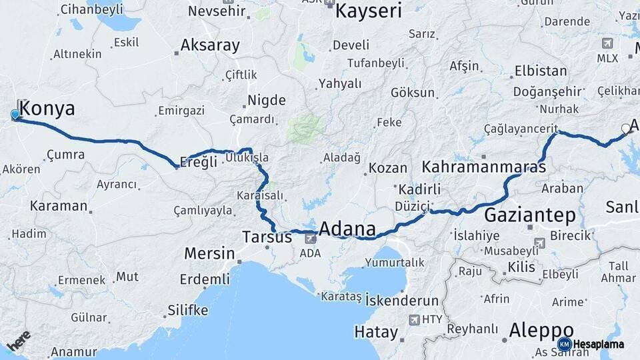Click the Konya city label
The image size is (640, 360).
click(x=48, y=109)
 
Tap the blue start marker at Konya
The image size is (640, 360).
click(x=15, y=115)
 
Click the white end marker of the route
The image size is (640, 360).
click(x=625, y=128)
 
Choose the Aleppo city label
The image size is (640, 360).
click(x=541, y=329)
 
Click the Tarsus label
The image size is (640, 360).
click(x=267, y=237)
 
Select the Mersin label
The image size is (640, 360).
click(x=209, y=253)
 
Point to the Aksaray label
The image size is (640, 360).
click(x=210, y=45)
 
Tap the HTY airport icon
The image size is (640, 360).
click(x=414, y=319)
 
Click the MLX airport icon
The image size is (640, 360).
click(x=607, y=44)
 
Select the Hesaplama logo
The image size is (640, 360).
click(x=593, y=344)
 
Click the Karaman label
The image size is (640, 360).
click(x=59, y=205)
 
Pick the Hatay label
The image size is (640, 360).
click(x=376, y=331)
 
